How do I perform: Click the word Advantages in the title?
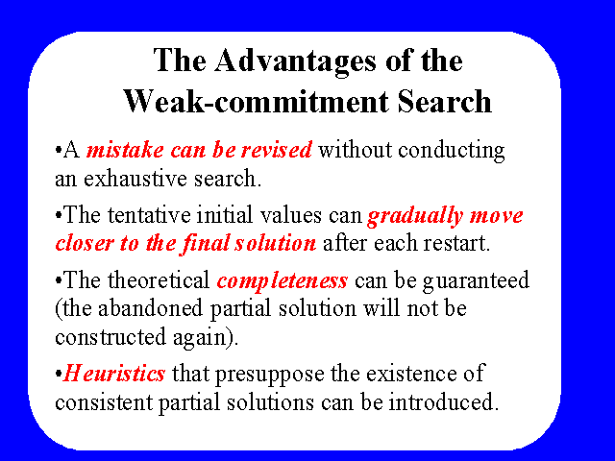coord(295,61)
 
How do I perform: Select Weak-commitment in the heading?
coord(257,102)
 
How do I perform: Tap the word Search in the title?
coord(444,101)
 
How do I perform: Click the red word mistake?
coord(125,150)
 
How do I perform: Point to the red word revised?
coord(277,150)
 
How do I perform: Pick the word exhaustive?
coord(135,179)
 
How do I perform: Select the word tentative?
coord(150,215)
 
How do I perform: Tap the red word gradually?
coord(415,216)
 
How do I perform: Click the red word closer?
coord(84,243)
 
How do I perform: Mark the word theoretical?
coord(159,279)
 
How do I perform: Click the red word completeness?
coord(282,281)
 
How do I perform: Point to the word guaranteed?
coord(477,281)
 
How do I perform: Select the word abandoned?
coord(150,307)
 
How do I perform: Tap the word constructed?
coord(111,337)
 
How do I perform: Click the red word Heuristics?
coord(114,373)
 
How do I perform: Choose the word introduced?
coord(443,401)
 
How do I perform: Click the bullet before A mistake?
coord(59,150)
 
